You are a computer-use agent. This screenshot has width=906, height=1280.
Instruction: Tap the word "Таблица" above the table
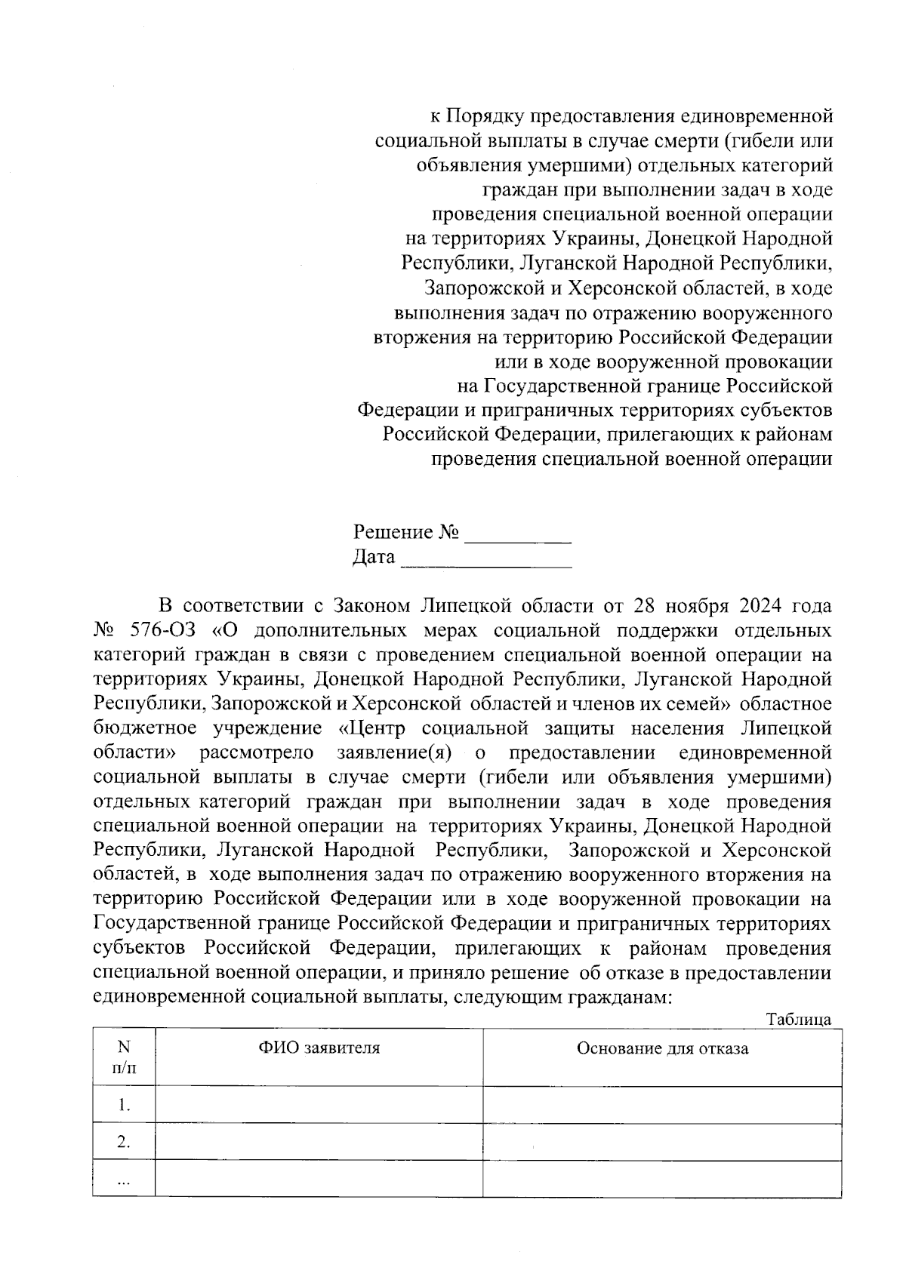tap(799, 1020)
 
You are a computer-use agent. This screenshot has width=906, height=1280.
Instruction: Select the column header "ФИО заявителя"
tap(319, 1048)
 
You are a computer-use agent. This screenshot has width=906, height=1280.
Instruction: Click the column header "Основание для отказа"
tap(662, 1048)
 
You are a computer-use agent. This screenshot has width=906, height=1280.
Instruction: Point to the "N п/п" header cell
tap(124, 1057)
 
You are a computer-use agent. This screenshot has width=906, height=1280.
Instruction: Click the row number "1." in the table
tap(124, 1106)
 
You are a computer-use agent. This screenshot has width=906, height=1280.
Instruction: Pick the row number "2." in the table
tap(124, 1143)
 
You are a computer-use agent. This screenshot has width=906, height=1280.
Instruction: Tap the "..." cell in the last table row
tap(124, 1180)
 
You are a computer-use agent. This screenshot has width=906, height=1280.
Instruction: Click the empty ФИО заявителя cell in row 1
tap(319, 1106)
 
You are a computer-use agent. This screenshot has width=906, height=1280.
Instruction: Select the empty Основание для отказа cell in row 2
tap(662, 1143)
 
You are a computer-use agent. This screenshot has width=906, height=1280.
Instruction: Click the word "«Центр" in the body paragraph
tap(370, 729)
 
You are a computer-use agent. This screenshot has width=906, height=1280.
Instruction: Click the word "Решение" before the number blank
tap(393, 533)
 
